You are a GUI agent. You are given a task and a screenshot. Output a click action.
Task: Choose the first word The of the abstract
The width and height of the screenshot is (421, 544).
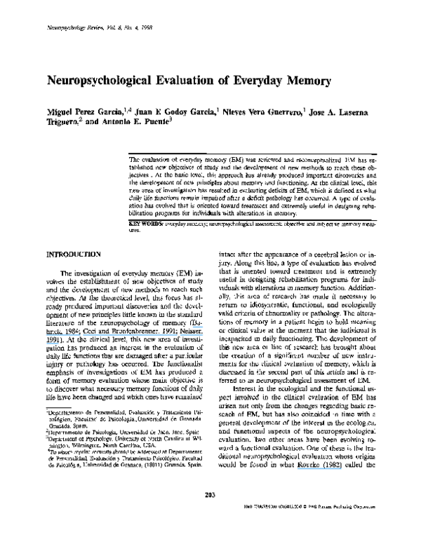(x=136, y=161)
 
